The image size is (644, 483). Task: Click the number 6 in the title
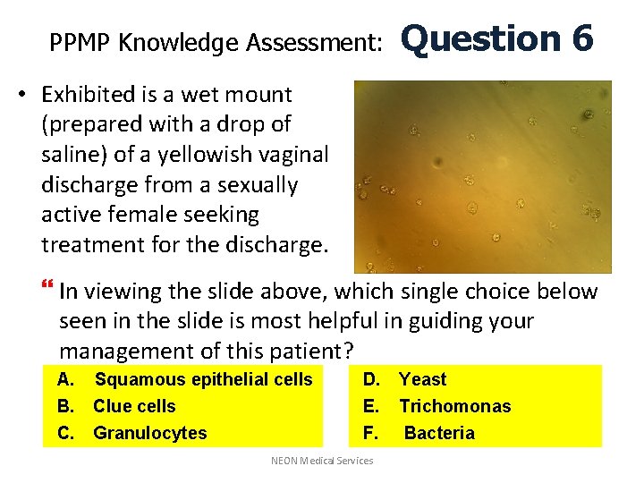tap(579, 38)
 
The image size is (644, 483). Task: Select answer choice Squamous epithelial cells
tap(203, 379)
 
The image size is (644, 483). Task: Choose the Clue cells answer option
tap(134, 406)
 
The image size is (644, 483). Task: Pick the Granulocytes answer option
tap(149, 433)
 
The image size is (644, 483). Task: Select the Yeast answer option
tap(422, 379)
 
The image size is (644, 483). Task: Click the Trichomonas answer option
tap(454, 406)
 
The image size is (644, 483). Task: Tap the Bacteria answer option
tap(439, 433)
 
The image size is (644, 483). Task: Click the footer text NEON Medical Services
tap(322, 461)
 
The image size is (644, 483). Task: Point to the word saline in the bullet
tap(68, 154)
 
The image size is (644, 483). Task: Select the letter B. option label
tap(65, 406)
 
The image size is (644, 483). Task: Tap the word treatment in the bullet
tap(86, 244)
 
